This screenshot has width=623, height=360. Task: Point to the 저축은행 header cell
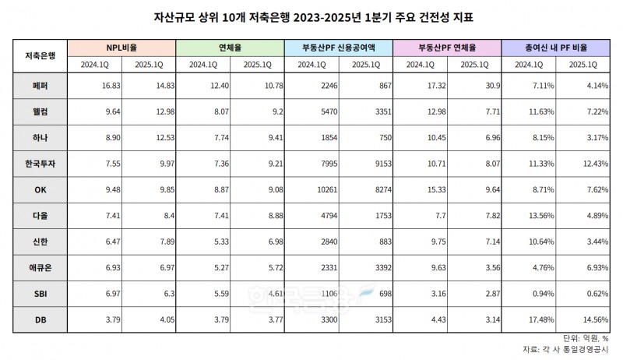tap(39, 56)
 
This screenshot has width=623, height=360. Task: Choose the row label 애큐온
tap(39, 266)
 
